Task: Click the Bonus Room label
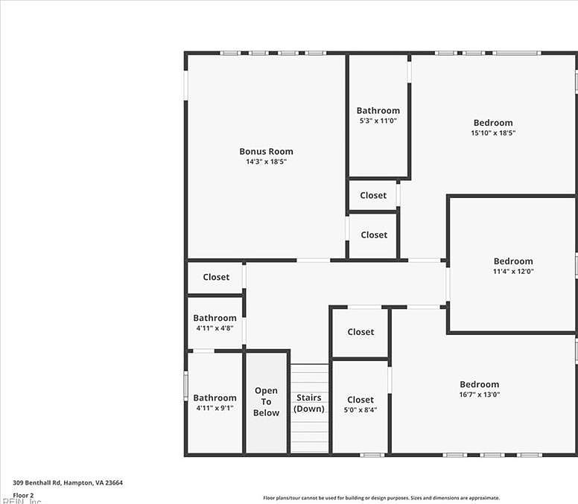coord(266,151)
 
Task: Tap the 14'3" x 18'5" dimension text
coord(266,162)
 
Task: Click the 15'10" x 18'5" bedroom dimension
coord(493,133)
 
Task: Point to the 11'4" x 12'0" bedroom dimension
coord(513,272)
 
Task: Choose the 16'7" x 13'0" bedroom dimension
coord(479,395)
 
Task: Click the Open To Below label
coord(266,401)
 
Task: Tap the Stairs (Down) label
coord(308,403)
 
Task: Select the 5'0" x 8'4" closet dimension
coord(361,410)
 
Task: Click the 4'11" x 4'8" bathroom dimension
coord(215,328)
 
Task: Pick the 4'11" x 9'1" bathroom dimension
coord(215,408)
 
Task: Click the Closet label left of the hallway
coord(216,277)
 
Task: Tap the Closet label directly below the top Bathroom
coord(373,195)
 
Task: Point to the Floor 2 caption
coord(23,494)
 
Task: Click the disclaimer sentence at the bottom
coord(381,498)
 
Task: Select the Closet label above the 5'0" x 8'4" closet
coord(361,331)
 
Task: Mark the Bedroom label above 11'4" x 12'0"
coord(513,261)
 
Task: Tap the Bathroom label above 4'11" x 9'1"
coord(215,398)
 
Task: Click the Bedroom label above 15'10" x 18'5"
coord(493,123)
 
